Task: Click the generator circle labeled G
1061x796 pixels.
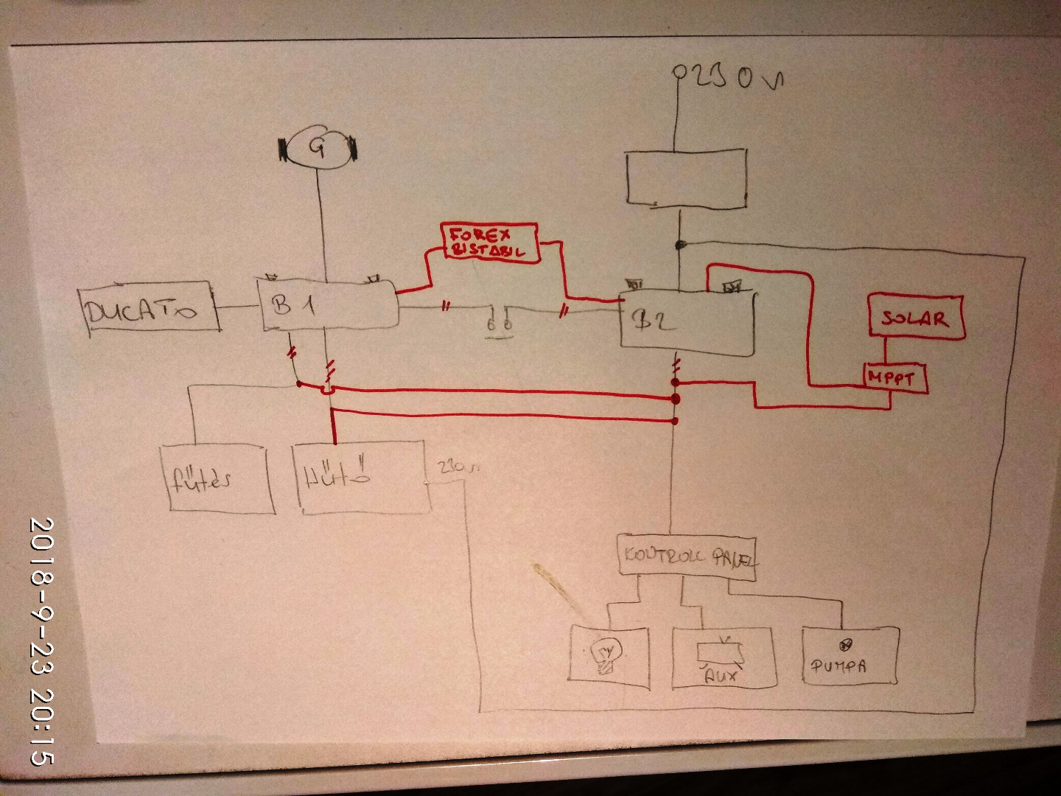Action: tap(317, 148)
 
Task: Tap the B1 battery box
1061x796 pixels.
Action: tap(328, 304)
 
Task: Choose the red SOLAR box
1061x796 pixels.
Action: tap(915, 318)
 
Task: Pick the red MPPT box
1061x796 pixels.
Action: tap(894, 379)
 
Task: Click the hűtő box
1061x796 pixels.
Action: tap(363, 475)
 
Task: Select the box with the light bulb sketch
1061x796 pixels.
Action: tap(610, 657)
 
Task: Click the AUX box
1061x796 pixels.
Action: tap(724, 657)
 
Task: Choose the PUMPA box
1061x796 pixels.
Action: tap(850, 657)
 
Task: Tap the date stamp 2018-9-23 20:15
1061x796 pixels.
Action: tap(41, 640)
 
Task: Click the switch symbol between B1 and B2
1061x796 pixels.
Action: tap(500, 323)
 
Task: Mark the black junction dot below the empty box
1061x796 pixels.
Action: tap(680, 244)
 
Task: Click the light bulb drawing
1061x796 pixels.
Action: tap(606, 654)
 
